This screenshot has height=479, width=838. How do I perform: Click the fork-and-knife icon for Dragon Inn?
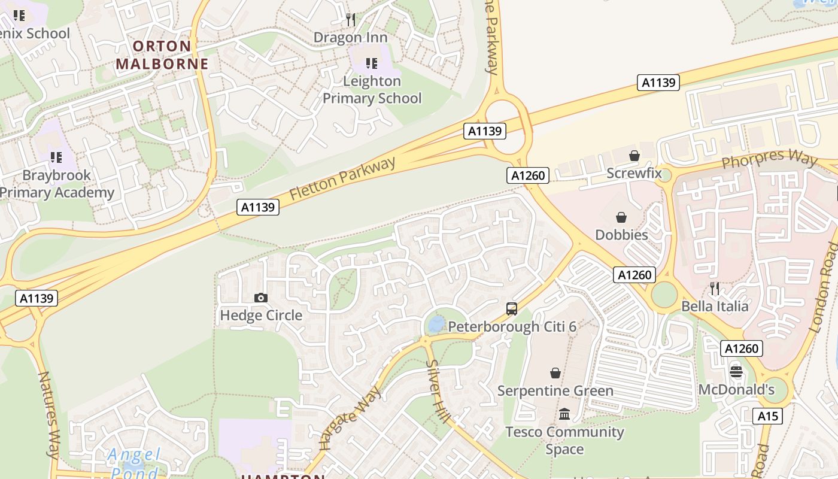click(351, 20)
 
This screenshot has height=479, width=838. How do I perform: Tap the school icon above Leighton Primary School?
click(372, 63)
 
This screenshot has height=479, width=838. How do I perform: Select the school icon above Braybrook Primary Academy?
click(56, 157)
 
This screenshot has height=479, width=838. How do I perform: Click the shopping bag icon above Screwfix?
click(634, 156)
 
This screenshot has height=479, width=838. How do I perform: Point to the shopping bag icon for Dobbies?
click(621, 217)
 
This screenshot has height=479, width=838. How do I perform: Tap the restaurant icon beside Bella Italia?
click(714, 289)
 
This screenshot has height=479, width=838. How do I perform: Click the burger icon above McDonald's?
click(736, 372)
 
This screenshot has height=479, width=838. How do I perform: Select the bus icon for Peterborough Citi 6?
click(512, 309)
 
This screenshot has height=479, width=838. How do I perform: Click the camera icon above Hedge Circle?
click(261, 298)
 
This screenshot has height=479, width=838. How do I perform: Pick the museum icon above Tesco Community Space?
click(564, 414)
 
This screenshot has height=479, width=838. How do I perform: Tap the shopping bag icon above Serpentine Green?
click(555, 373)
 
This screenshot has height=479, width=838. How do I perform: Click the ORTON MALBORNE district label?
click(162, 55)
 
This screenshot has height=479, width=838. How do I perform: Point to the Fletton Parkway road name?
click(343, 178)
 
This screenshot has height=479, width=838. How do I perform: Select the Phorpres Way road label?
click(769, 159)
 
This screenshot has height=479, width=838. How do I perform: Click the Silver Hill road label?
click(438, 392)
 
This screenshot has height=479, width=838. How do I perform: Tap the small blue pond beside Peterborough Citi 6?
click(436, 324)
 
